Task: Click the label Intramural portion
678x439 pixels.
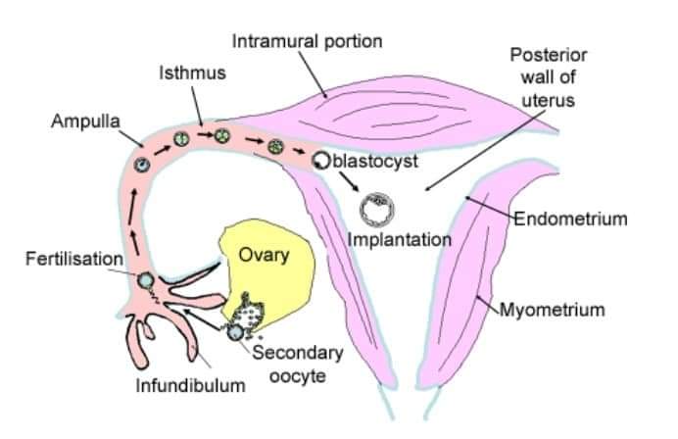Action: click(x=307, y=41)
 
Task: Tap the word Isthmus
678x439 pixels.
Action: click(x=192, y=73)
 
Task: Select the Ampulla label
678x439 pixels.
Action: click(x=85, y=122)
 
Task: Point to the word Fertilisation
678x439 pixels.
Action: click(x=74, y=259)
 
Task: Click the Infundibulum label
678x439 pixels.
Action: click(x=191, y=385)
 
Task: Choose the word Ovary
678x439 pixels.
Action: click(x=264, y=255)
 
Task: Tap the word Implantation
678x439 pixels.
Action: click(x=400, y=240)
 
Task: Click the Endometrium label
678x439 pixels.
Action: click(x=571, y=219)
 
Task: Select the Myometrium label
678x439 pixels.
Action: click(x=553, y=310)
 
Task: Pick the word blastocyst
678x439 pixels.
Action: click(x=375, y=162)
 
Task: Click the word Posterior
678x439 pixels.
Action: click(x=549, y=55)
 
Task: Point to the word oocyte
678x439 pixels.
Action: click(x=298, y=376)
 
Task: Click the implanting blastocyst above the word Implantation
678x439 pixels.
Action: click(x=377, y=210)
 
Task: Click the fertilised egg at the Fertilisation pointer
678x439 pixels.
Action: click(x=145, y=280)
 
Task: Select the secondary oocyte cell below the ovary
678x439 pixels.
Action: click(x=235, y=332)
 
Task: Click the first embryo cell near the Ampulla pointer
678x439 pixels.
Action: click(x=142, y=165)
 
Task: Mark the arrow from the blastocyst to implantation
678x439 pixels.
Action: click(x=349, y=181)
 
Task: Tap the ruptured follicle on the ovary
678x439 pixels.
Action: click(x=248, y=315)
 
